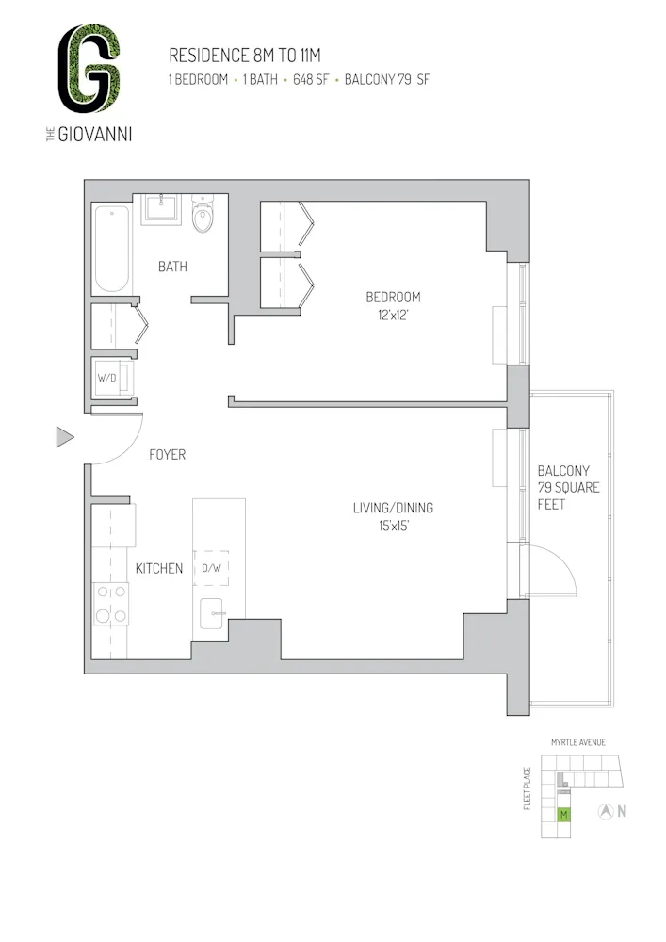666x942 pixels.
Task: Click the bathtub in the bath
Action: [111, 249]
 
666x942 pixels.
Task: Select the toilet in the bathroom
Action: [203, 216]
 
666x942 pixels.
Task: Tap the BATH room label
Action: [172, 267]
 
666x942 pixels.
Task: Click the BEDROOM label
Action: [393, 297]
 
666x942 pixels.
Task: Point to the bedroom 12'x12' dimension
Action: [393, 316]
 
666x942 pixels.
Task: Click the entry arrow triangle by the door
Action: [64, 436]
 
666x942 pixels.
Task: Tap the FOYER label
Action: [168, 455]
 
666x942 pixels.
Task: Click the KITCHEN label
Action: [158, 568]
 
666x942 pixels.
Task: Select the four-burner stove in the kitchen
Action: [111, 604]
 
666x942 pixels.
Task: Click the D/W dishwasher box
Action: [211, 568]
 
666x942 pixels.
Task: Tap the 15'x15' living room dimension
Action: [393, 528]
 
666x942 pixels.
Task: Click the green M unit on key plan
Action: [563, 814]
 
